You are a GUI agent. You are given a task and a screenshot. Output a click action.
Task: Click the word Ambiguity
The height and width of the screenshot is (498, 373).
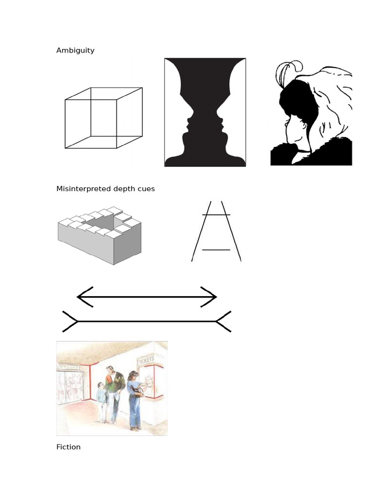[x=75, y=50]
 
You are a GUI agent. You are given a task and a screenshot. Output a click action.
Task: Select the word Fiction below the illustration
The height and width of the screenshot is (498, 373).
[x=68, y=447]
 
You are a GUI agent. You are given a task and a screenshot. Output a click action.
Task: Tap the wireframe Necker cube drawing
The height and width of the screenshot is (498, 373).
[x=103, y=118]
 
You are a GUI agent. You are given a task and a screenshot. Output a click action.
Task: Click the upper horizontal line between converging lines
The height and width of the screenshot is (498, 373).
[x=216, y=214]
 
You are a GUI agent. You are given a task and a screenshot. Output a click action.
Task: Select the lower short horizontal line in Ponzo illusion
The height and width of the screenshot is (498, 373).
[x=216, y=250]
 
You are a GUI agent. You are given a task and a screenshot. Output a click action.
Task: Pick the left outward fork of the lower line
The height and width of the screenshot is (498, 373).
[x=70, y=321]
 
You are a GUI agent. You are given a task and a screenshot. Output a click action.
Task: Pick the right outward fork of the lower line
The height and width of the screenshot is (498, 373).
[x=223, y=321]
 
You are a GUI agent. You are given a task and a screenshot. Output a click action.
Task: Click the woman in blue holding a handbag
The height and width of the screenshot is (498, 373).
[x=135, y=399]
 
